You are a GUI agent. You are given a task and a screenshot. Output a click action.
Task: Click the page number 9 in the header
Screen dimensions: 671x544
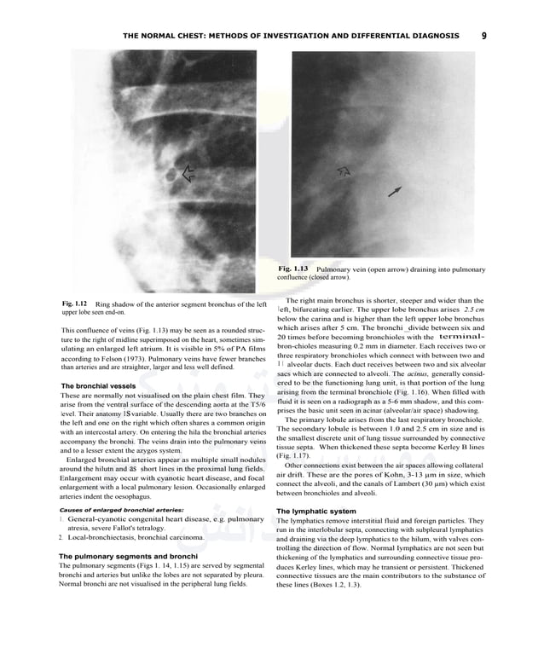click(483, 36)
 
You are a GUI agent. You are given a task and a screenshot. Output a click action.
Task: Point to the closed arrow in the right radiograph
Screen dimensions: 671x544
click(394, 192)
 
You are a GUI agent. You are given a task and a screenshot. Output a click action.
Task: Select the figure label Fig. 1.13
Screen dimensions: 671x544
click(292, 269)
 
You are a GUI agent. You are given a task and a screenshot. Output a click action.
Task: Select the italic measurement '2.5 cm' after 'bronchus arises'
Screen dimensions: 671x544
click(468, 309)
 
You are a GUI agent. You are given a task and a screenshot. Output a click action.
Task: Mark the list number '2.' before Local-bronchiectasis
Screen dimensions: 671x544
click(60, 538)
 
